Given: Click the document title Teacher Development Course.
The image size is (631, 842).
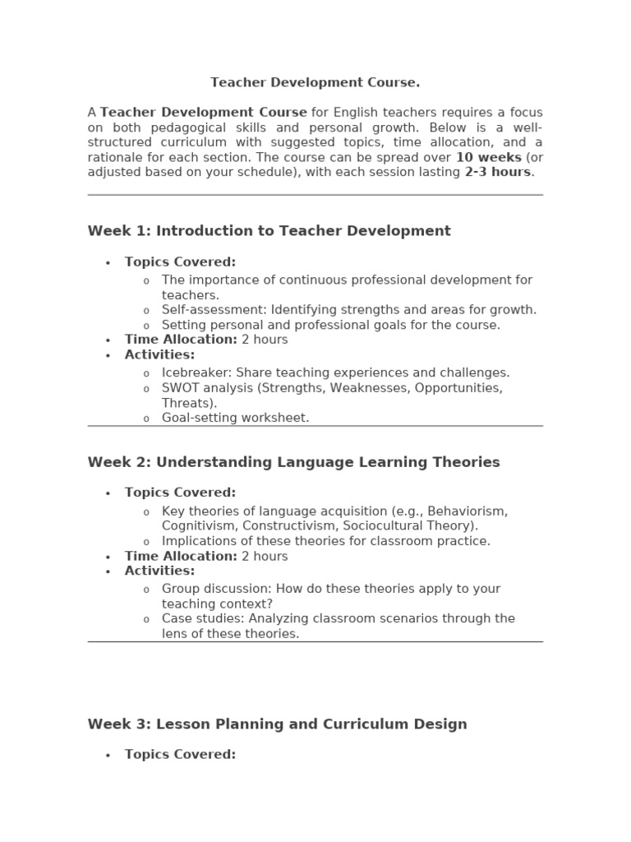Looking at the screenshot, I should [x=315, y=82].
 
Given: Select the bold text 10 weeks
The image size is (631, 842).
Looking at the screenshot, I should [x=489, y=157].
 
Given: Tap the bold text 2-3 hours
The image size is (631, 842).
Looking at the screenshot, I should [x=498, y=172].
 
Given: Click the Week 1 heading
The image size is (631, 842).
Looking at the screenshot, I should [x=269, y=231].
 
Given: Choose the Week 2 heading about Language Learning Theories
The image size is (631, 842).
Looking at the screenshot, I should [x=293, y=462].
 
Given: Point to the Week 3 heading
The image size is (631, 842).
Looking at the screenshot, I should [x=277, y=724].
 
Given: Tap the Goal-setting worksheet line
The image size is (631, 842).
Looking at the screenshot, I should [x=235, y=418].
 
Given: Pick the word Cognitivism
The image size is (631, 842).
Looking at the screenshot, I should [x=199, y=525].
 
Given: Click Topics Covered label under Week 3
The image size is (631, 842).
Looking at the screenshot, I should [x=180, y=754].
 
